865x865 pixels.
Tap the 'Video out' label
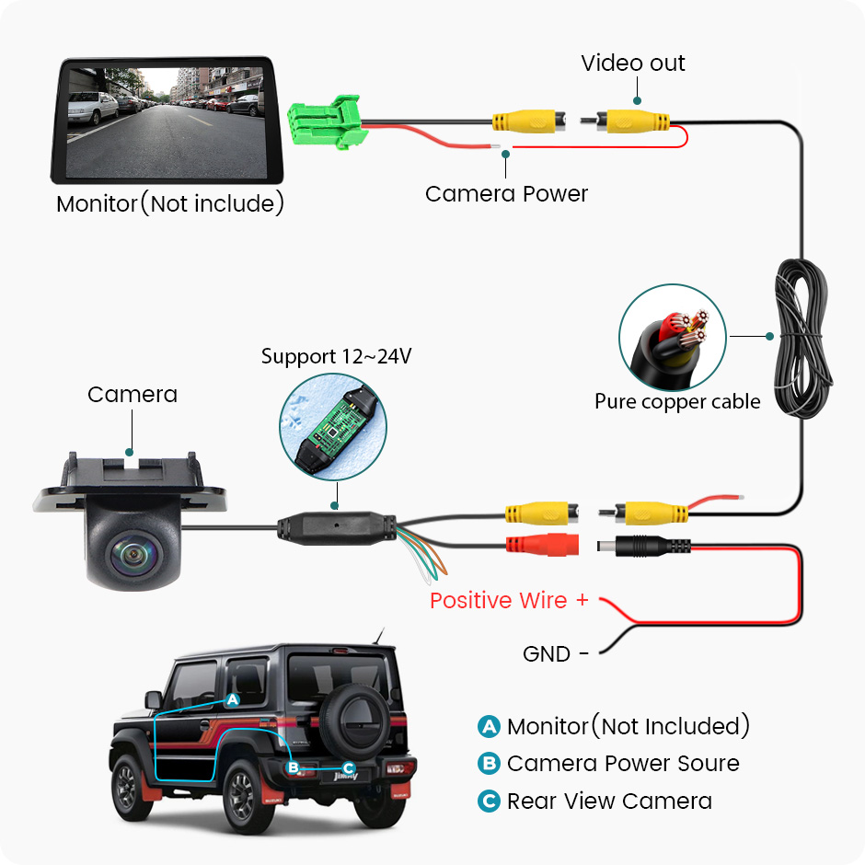coord(633,63)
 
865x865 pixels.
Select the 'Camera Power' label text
coord(506,194)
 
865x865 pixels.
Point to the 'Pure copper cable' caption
coord(677,401)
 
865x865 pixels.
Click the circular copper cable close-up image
coord(673,338)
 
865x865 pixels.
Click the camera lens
coord(130,554)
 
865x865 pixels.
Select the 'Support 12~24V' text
coord(336,356)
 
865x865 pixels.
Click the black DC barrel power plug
coord(644,547)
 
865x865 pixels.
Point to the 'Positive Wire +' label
coord(509,601)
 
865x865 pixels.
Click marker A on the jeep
coord(233,700)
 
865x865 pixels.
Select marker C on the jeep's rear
coord(349,767)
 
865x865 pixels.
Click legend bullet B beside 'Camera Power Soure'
coord(489,764)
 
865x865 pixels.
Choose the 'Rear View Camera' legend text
coord(609,802)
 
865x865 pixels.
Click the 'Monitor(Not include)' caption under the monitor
coord(170,203)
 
